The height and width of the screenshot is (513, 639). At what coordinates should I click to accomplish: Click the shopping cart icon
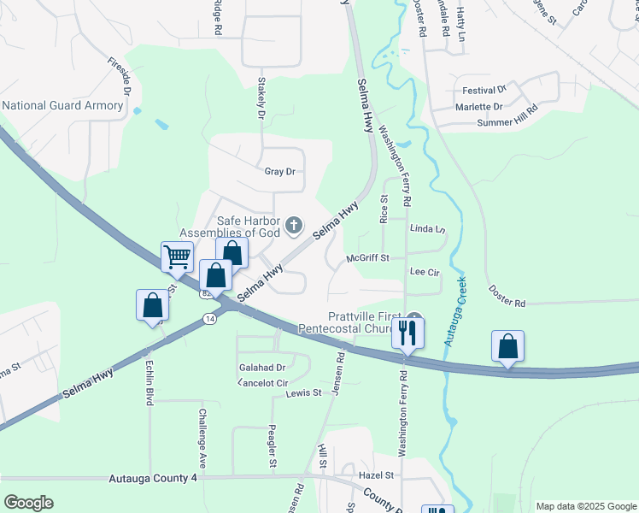(177, 256)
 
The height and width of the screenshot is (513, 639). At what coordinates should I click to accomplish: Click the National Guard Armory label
(62, 106)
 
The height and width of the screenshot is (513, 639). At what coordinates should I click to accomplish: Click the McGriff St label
(367, 257)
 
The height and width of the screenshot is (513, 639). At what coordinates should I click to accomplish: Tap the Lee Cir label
(425, 271)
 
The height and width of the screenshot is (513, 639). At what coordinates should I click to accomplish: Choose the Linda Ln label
(428, 229)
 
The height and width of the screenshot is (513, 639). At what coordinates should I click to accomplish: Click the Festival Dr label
(484, 90)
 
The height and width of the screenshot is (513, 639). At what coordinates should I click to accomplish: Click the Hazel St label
(376, 475)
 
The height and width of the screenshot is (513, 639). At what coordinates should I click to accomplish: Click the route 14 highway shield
(209, 317)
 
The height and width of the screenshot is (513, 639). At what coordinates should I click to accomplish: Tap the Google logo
(28, 503)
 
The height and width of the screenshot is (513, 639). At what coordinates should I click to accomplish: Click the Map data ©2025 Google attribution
(585, 506)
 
